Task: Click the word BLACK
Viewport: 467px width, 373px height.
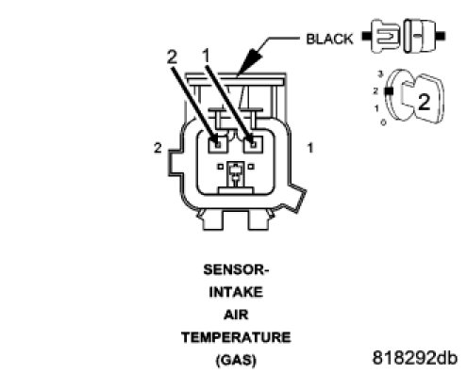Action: [329, 39]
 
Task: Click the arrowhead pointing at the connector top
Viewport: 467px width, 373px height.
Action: [250, 61]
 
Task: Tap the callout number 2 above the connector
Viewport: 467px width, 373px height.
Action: [172, 57]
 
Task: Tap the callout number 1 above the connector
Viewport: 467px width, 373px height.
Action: [206, 57]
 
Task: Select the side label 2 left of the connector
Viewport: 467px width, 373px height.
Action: [158, 148]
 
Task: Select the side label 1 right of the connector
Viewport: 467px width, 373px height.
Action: [310, 148]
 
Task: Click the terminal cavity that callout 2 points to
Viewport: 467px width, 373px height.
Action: [218, 144]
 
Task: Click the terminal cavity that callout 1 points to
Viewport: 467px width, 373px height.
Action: [253, 144]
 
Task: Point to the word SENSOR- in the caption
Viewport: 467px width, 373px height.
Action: [236, 269]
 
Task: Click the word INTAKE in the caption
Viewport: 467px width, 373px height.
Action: [236, 292]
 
